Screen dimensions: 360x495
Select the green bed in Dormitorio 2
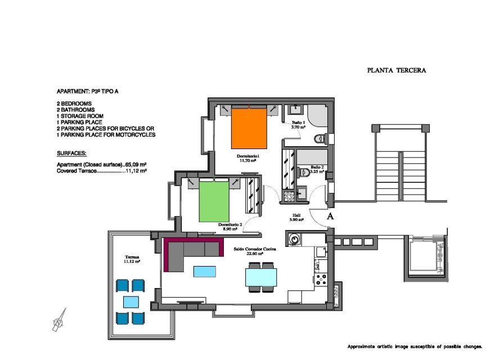pyautogui.click(x=214, y=201)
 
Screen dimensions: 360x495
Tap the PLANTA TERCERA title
pyautogui.click(x=397, y=71)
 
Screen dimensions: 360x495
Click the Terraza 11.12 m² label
pyautogui.click(x=133, y=259)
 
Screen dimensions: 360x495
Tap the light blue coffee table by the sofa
pyautogui.click(x=204, y=272)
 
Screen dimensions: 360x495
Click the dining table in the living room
pyautogui.click(x=261, y=277)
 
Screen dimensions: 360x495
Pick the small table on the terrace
pyautogui.click(x=131, y=301)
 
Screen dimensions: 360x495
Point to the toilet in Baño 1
pyautogui.click(x=321, y=138)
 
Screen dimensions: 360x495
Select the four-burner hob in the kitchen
pyautogui.click(x=322, y=279)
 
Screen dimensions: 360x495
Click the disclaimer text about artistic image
pyautogui.click(x=415, y=346)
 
